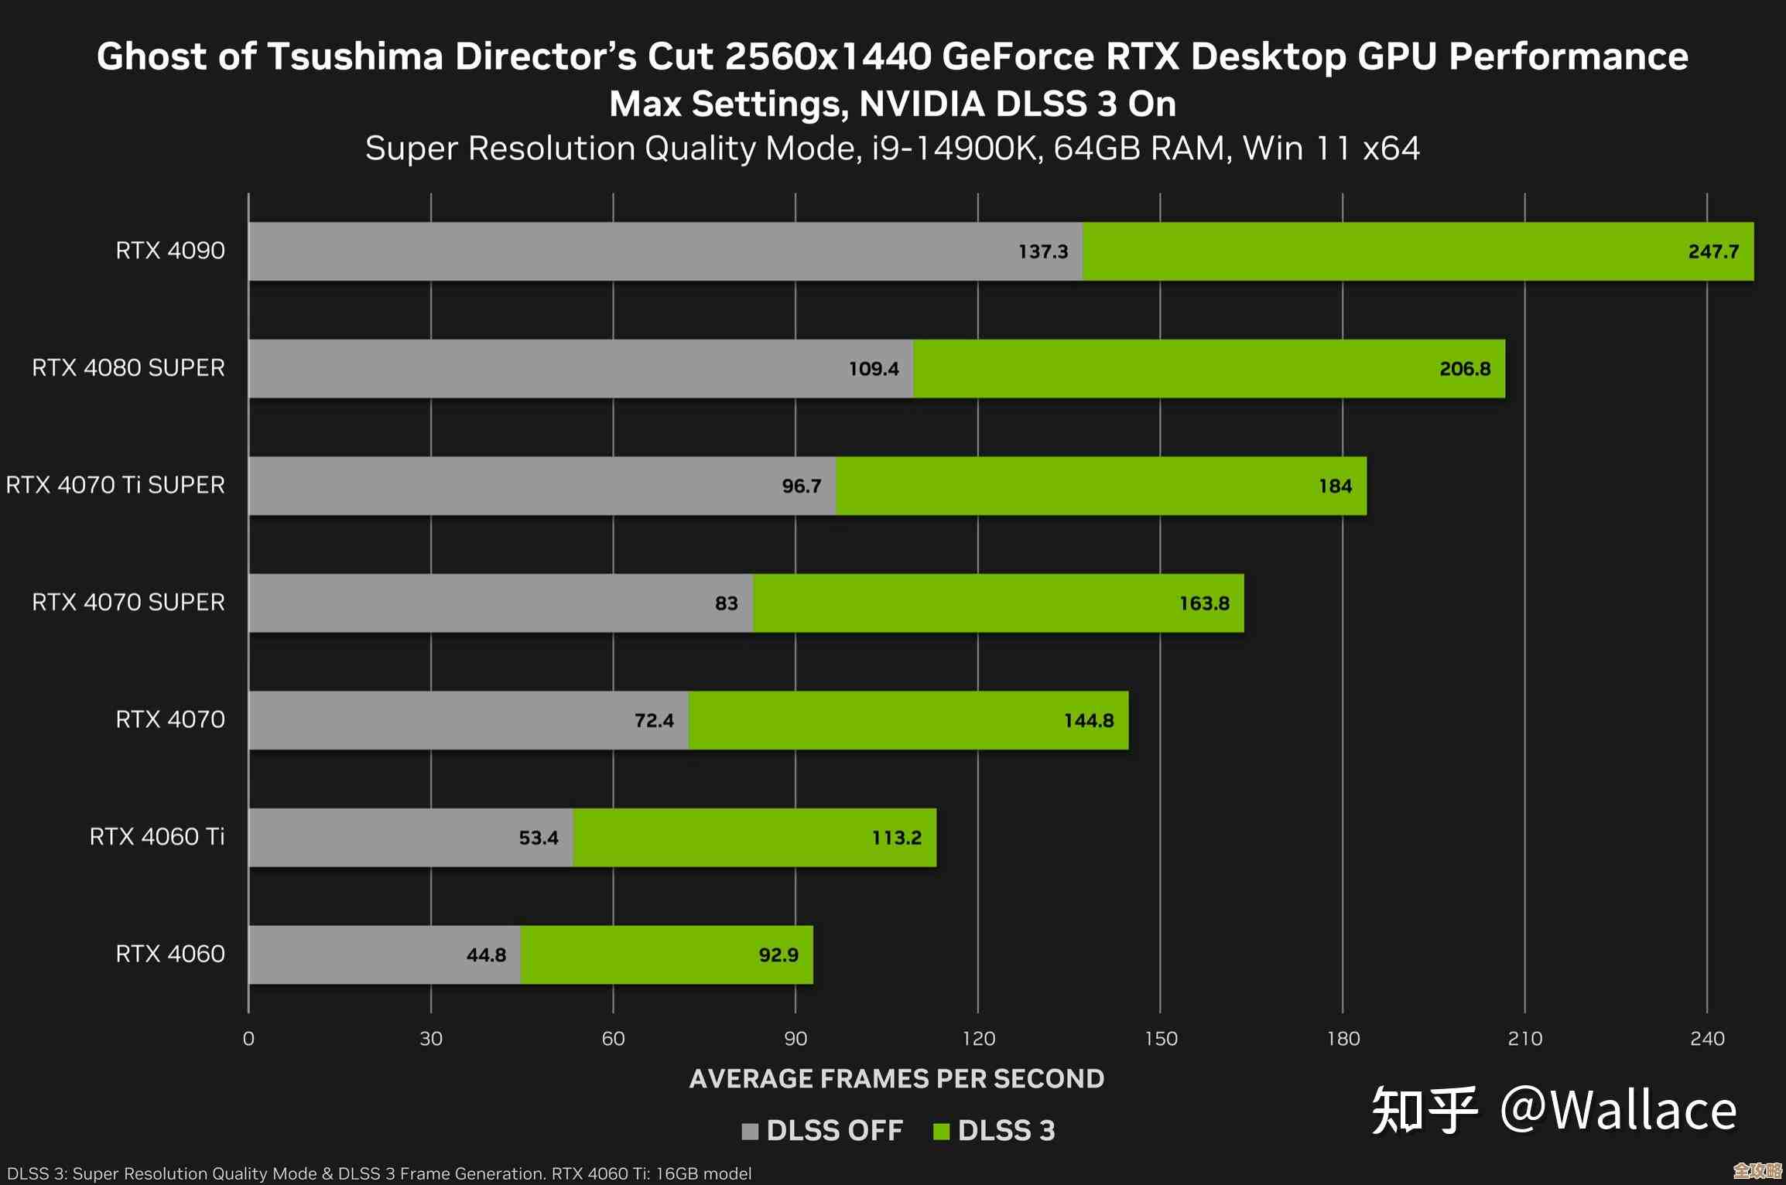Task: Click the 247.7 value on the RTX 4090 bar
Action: pyautogui.click(x=1712, y=251)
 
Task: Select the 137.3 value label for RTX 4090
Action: pyautogui.click(x=1042, y=251)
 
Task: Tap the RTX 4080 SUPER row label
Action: pyautogui.click(x=128, y=368)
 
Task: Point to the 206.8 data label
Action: pyautogui.click(x=1464, y=369)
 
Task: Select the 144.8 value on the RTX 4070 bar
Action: pyautogui.click(x=1088, y=721)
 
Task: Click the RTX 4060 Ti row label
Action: pyautogui.click(x=157, y=837)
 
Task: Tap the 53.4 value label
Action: pyautogui.click(x=538, y=838)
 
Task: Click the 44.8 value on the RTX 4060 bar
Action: pyautogui.click(x=486, y=955)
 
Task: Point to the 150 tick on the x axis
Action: pyautogui.click(x=1161, y=1039)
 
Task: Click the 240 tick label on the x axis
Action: pyautogui.click(x=1707, y=1039)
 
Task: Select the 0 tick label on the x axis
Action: pyautogui.click(x=248, y=1039)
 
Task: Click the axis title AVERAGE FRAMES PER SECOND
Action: pyautogui.click(x=896, y=1079)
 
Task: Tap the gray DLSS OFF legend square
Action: pyautogui.click(x=749, y=1132)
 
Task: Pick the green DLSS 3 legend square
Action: pyautogui.click(x=941, y=1132)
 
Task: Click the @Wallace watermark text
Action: pyautogui.click(x=1618, y=1111)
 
